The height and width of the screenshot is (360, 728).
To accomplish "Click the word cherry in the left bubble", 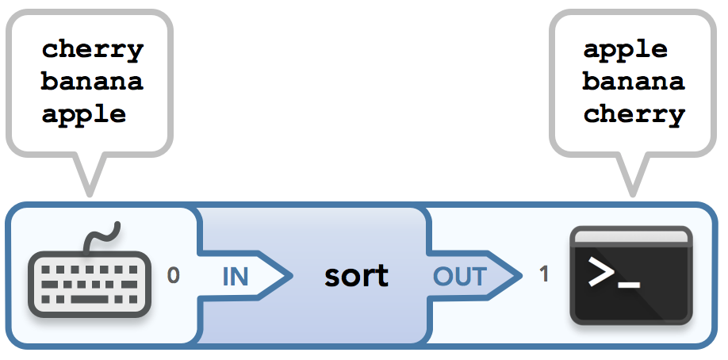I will click(x=92, y=50).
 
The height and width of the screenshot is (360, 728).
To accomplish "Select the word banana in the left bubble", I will click(x=92, y=82).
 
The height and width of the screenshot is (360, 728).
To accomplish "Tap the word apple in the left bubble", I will click(x=84, y=114).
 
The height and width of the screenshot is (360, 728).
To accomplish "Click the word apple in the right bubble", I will click(x=626, y=50).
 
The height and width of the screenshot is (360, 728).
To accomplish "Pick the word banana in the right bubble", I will click(x=634, y=82).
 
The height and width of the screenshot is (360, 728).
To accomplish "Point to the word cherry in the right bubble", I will click(x=634, y=114).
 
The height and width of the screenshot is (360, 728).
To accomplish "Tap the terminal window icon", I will click(x=631, y=276).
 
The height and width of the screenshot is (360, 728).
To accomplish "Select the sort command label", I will click(x=356, y=276).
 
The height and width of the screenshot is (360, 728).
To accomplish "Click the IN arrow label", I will click(x=235, y=277).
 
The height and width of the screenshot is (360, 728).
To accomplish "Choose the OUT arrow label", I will click(x=459, y=277).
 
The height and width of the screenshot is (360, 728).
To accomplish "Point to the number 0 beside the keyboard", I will click(x=174, y=276).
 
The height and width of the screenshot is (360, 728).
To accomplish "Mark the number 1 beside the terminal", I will click(x=544, y=275).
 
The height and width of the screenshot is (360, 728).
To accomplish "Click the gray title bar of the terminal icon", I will click(x=631, y=236).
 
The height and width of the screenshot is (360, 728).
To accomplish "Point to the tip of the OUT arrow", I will click(x=519, y=276).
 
